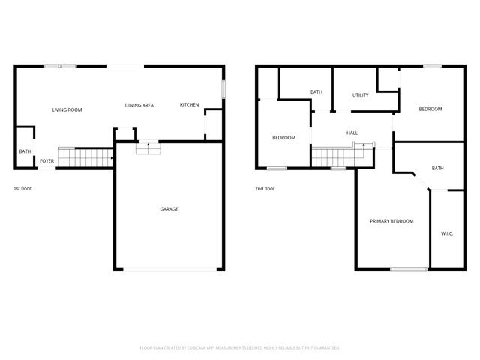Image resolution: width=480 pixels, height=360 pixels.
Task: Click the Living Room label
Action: [67, 110]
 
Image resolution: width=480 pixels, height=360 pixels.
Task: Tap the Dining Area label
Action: [139, 105]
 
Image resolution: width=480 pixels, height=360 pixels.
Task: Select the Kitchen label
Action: [189, 104]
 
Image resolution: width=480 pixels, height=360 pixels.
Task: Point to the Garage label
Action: [169, 209]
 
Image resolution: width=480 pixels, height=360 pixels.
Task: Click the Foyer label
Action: [46, 160]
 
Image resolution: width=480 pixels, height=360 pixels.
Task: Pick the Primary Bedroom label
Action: [391, 221]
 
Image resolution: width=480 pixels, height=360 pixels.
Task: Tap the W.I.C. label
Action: [447, 234]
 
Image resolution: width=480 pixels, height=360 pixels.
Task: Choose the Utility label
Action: [360, 95]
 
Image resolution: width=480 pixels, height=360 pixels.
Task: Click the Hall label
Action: [352, 133]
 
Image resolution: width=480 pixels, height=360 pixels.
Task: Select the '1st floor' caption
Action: [22, 188]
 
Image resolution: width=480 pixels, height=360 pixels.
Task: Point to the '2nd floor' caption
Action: [265, 188]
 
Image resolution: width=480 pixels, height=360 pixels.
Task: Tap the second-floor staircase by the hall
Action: [331, 157]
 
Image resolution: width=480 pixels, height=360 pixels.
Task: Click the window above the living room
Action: [60, 67]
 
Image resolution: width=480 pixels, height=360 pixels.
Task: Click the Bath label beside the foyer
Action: [25, 152]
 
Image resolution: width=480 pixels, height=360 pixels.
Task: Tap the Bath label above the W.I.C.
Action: [437, 169]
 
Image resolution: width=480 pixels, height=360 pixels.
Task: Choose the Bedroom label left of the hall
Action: [283, 137]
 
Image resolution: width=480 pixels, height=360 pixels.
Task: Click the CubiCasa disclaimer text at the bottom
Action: [240, 348]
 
